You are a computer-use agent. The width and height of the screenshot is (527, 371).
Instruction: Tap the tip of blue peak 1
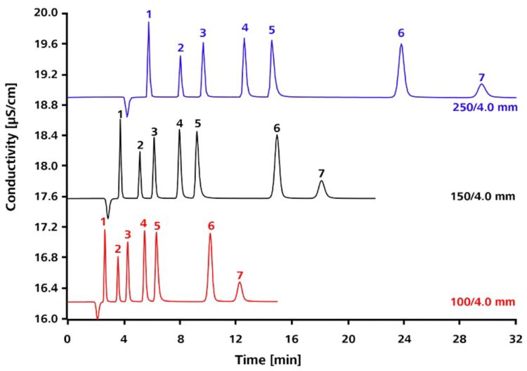point(148,22)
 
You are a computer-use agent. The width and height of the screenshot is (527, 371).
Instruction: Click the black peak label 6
point(277,128)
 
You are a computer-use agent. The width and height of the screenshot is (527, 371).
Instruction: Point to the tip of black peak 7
point(321,181)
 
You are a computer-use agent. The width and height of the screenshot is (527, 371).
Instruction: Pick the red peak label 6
point(210,226)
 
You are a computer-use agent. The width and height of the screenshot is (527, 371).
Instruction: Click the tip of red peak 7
point(240,282)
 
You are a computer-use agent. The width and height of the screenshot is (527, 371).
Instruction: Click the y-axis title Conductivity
point(11,165)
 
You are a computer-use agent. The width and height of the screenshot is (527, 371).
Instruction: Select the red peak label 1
point(104,221)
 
